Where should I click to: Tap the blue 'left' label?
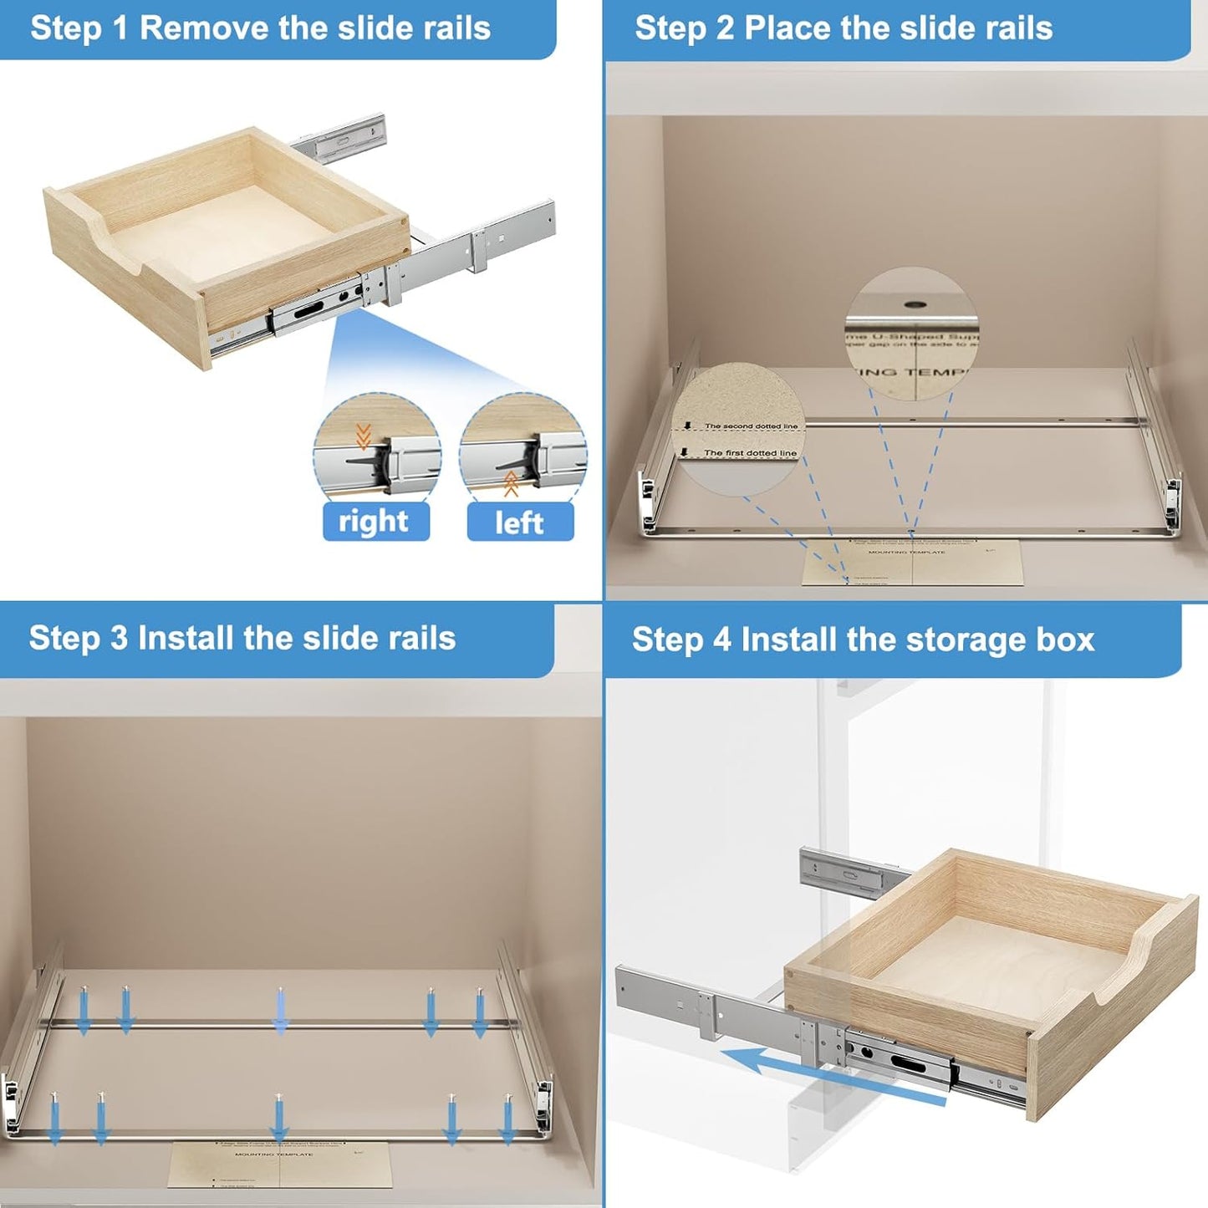click(519, 522)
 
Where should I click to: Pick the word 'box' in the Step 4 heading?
click(1065, 640)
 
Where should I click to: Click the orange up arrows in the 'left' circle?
click(511, 484)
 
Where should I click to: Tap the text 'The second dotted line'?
click(750, 426)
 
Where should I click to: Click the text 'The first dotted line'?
click(749, 453)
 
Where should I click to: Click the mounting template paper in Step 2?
click(911, 562)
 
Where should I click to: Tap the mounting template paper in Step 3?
click(280, 1164)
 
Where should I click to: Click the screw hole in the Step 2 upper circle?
click(912, 305)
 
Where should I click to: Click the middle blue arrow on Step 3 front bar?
click(279, 1119)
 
